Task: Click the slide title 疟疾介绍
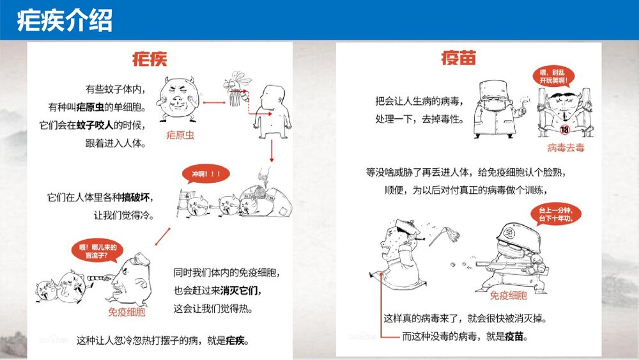(x=65, y=20)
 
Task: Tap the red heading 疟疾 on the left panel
(x=149, y=59)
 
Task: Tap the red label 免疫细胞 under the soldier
(x=509, y=295)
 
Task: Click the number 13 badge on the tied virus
(x=564, y=130)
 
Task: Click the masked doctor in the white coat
(x=494, y=109)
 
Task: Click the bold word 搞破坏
(x=136, y=196)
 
